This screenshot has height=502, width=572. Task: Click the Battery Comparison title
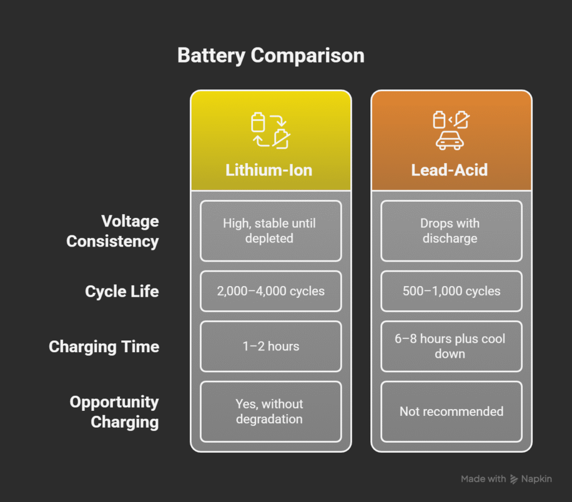click(x=270, y=56)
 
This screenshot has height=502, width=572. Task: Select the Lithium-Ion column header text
click(x=269, y=170)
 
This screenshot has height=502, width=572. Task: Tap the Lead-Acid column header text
click(x=449, y=170)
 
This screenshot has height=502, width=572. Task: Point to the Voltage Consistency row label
click(x=112, y=231)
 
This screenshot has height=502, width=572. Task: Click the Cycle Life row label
click(x=122, y=291)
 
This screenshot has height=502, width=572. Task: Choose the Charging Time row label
click(x=104, y=347)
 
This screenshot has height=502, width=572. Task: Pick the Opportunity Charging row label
click(x=114, y=411)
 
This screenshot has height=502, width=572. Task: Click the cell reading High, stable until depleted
click(x=270, y=231)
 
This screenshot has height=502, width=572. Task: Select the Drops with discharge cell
click(x=451, y=231)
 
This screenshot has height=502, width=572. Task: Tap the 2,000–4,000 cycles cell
click(x=270, y=291)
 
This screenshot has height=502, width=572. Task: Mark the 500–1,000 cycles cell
click(x=451, y=291)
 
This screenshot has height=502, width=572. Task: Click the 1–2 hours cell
click(x=270, y=347)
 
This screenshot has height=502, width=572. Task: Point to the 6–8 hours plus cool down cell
click(x=451, y=347)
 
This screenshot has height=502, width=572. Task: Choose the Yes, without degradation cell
click(x=270, y=411)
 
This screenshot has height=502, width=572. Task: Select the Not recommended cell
click(x=451, y=411)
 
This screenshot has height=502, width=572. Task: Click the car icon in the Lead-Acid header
click(x=450, y=141)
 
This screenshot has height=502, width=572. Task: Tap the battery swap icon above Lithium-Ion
click(x=270, y=131)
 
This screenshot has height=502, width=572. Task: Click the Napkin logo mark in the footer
click(x=514, y=479)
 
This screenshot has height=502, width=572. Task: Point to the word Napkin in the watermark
click(x=536, y=479)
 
